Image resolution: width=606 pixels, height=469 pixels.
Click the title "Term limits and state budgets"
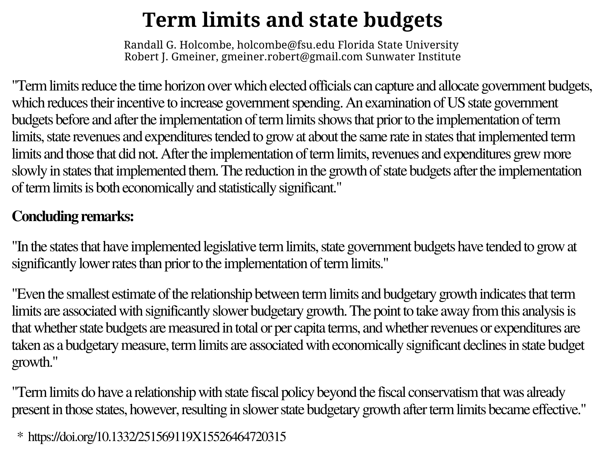click(292, 20)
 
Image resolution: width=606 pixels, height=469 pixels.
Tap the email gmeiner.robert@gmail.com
click(292, 57)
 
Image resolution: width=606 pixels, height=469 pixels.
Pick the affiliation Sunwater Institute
click(413, 57)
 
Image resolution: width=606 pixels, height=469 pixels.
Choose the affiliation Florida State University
click(398, 45)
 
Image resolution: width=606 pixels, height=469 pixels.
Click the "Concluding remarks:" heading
click(73, 216)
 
